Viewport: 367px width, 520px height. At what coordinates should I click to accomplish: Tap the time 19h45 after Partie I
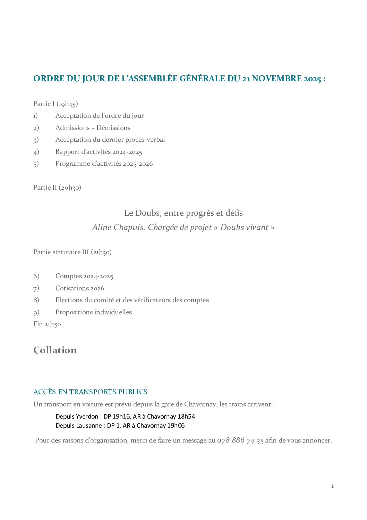[67, 104]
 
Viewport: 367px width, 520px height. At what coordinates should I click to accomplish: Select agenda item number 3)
[36, 140]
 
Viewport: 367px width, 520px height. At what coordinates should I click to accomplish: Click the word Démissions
[113, 128]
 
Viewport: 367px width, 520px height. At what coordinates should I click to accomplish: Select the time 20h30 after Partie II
[70, 188]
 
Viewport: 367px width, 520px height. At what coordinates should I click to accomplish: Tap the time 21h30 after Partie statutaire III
[101, 252]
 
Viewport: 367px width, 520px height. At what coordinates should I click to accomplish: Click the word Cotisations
[71, 288]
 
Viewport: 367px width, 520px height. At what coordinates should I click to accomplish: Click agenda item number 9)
[36, 312]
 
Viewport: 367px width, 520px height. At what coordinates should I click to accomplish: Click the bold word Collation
[55, 350]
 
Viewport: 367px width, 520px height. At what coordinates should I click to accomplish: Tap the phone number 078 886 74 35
[240, 440]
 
